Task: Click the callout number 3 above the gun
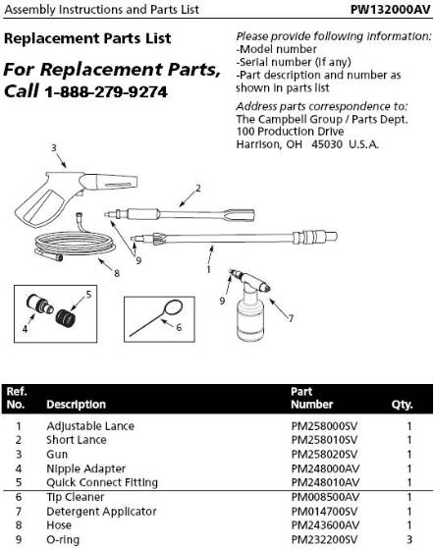pos(55,148)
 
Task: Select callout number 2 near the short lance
pos(198,188)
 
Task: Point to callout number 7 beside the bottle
pos(290,317)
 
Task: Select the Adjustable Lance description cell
pos(90,426)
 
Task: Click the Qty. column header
pos(403,404)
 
